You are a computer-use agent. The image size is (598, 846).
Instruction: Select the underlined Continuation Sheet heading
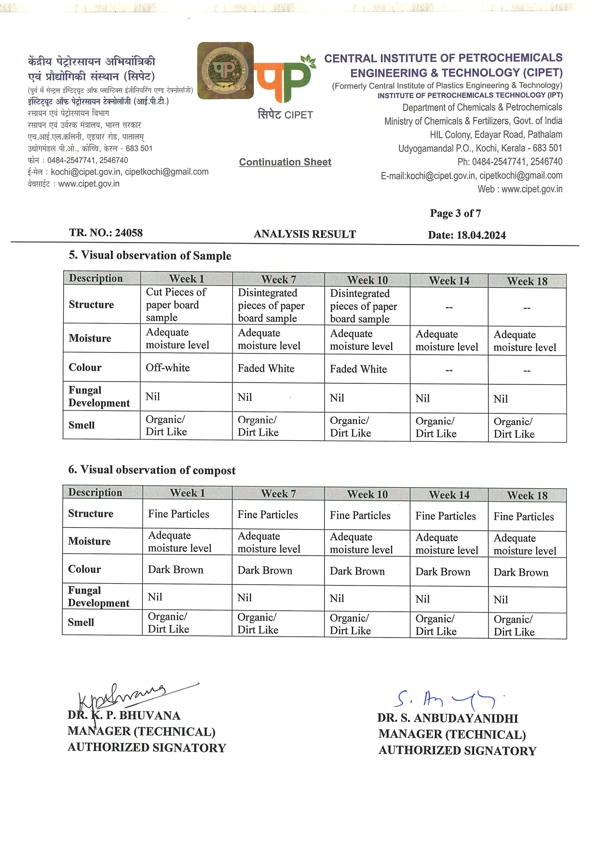pyautogui.click(x=285, y=162)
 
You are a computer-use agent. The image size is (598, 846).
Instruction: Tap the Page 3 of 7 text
pyautogui.click(x=455, y=213)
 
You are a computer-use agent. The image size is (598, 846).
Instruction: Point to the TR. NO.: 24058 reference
pyautogui.click(x=106, y=233)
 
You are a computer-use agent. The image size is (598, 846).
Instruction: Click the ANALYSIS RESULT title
pyautogui.click(x=305, y=234)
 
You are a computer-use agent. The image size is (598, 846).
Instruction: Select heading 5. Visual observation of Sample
pyautogui.click(x=150, y=256)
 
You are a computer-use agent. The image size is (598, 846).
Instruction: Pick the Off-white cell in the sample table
pyautogui.click(x=168, y=368)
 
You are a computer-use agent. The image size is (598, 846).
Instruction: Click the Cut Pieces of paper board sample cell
pyautogui.click(x=176, y=305)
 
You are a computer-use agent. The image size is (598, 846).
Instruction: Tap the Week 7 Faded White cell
pyautogui.click(x=266, y=368)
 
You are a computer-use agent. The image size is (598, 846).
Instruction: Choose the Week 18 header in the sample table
pyautogui.click(x=527, y=281)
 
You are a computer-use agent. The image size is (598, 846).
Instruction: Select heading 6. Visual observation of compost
pyautogui.click(x=152, y=470)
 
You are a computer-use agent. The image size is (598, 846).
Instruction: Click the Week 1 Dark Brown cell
pyautogui.click(x=176, y=570)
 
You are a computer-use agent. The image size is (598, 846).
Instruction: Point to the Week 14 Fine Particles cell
pyautogui.click(x=446, y=516)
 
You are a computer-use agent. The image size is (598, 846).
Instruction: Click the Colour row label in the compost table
pyautogui.click(x=84, y=569)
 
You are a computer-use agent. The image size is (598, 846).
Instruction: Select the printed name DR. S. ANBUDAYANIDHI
pyautogui.click(x=448, y=718)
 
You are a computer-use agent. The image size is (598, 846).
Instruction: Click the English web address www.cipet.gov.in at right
pyautogui.click(x=531, y=189)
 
